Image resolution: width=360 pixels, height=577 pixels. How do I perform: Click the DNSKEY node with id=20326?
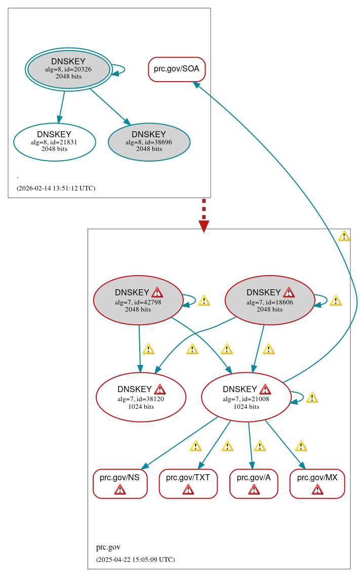pyautogui.click(x=68, y=69)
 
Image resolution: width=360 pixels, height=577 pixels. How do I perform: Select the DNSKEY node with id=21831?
pyautogui.click(x=55, y=142)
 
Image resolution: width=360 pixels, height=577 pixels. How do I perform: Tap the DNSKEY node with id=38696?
pyautogui.click(x=149, y=142)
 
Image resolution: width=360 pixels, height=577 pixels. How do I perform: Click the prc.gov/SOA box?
pyautogui.click(x=177, y=69)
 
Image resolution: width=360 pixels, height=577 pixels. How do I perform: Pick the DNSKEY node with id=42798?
pyautogui.click(x=138, y=301)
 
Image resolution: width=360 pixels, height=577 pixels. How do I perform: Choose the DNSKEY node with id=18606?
pyautogui.click(x=269, y=301)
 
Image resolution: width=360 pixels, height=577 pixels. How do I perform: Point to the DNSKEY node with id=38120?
pyautogui.click(x=141, y=398)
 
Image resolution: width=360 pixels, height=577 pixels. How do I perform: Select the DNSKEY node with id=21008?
pyautogui.click(x=246, y=398)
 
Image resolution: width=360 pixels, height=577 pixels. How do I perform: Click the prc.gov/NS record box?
pyautogui.click(x=120, y=484)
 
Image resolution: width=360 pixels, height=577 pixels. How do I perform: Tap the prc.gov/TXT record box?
pyautogui.click(x=188, y=484)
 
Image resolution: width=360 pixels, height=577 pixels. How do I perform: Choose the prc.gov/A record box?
pyautogui.click(x=254, y=484)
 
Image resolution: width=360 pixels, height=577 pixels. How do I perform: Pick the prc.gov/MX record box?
pyautogui.click(x=317, y=484)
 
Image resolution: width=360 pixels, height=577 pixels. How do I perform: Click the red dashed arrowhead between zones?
pyautogui.click(x=204, y=225)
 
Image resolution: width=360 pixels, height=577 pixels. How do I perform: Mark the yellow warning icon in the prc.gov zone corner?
pyautogui.click(x=344, y=236)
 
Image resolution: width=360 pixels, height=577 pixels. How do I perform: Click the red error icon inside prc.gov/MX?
pyautogui.click(x=317, y=489)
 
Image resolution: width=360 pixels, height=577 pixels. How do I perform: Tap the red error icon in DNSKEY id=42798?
pyautogui.click(x=157, y=292)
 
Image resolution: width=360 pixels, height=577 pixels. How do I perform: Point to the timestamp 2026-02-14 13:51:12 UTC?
pyautogui.click(x=56, y=188)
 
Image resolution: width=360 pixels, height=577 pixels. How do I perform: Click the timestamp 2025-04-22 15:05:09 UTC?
pyautogui.click(x=135, y=560)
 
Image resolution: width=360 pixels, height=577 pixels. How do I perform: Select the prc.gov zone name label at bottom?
pyautogui.click(x=108, y=547)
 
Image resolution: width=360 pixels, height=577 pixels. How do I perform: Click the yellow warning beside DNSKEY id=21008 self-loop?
pyautogui.click(x=312, y=398)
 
